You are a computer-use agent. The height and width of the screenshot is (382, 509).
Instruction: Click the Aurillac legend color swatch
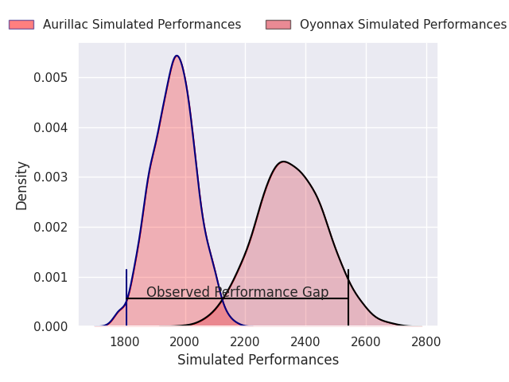21,25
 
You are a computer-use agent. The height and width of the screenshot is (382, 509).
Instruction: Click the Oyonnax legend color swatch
278,25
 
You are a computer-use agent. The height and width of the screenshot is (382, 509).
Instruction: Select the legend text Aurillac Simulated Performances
142,25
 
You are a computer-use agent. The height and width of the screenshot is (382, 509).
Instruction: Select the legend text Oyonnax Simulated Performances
403,25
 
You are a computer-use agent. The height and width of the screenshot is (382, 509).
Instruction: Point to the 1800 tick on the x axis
125,341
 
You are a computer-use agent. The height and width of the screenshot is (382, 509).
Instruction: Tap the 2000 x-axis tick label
185,341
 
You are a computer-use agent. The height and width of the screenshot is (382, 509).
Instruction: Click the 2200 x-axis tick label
245,341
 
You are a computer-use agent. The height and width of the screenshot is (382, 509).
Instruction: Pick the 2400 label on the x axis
305,341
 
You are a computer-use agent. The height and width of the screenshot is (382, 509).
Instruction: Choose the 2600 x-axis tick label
366,341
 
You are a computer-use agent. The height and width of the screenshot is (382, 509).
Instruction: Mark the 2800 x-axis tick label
426,341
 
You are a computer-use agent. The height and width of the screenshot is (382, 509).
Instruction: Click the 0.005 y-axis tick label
51,78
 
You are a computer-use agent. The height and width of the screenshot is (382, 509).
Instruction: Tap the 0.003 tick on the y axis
51,177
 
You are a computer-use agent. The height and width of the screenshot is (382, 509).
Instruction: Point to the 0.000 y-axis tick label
51,326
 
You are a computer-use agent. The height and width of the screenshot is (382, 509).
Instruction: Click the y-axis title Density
21,185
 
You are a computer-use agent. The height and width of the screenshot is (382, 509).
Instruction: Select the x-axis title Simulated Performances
258,360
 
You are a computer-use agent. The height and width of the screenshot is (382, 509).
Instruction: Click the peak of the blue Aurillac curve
177,56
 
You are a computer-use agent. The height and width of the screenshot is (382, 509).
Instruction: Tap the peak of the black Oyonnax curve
284,162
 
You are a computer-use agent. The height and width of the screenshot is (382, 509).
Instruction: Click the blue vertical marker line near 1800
126,297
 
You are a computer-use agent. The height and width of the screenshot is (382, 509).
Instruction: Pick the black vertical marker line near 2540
348,297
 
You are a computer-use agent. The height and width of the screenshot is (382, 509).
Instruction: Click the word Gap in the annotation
316,292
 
